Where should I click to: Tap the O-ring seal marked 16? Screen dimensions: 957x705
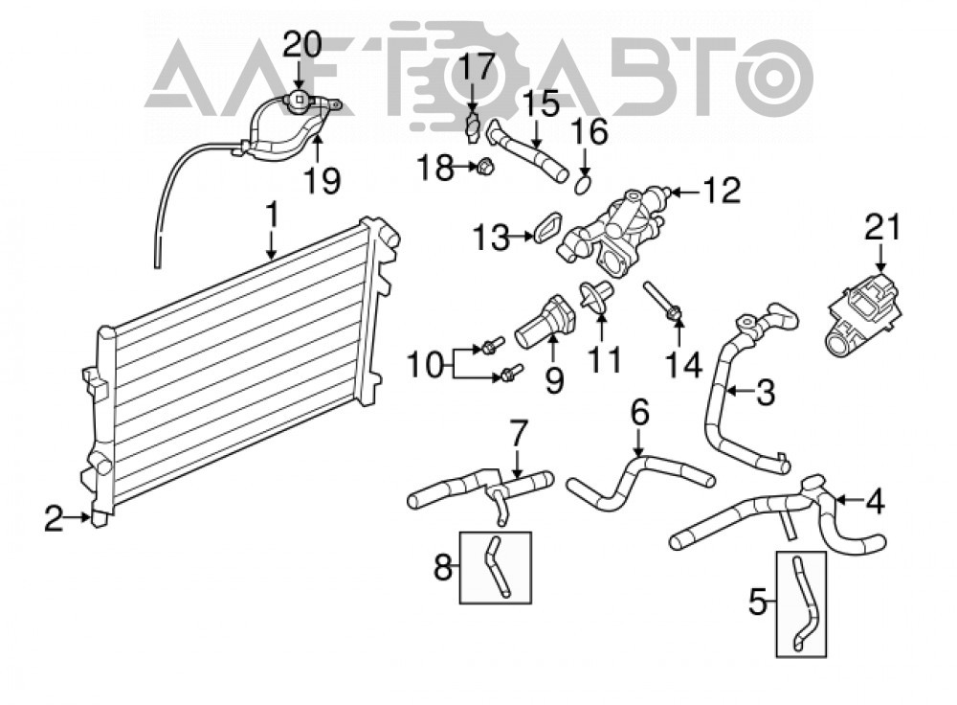[x=584, y=184]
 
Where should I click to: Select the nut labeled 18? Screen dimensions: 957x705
[x=484, y=165]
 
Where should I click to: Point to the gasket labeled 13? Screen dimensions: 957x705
[x=547, y=227]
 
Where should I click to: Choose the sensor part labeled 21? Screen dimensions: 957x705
[x=863, y=317]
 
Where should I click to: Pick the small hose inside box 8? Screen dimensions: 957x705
[x=496, y=566]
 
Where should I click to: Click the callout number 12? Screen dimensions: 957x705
[x=722, y=191]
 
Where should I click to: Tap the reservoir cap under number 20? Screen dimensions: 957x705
[x=299, y=98]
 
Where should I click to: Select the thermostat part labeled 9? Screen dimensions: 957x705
[x=545, y=321]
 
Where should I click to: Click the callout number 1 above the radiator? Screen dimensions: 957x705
[x=271, y=216]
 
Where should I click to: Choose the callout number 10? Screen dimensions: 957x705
[x=426, y=366]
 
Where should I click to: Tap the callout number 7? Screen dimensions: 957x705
[x=517, y=434]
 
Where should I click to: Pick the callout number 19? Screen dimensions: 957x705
[x=322, y=180]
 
